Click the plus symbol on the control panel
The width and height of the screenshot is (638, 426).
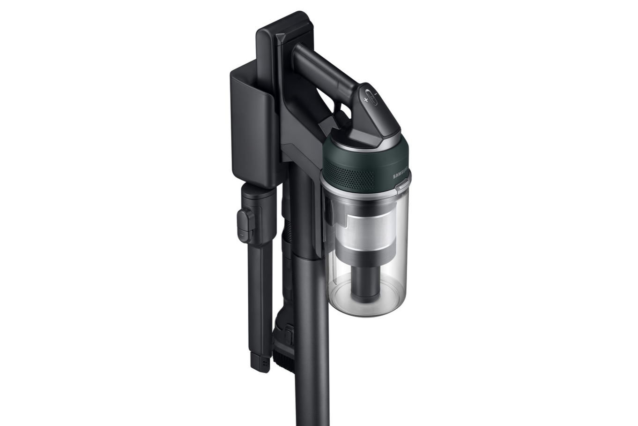pyautogui.click(x=366, y=100)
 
